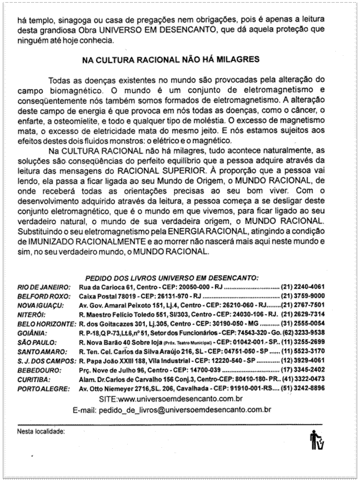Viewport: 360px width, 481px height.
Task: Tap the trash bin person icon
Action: [317, 441]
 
